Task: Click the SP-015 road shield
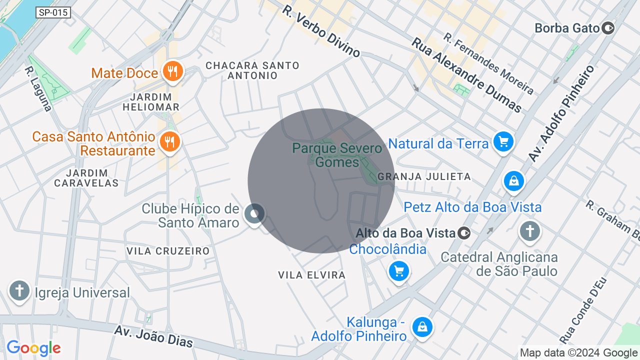[x=53, y=12]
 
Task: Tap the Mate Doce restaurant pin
[x=172, y=71]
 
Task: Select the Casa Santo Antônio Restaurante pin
[x=170, y=141]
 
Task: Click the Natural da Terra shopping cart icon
[x=503, y=142]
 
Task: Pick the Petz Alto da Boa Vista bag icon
[x=513, y=181]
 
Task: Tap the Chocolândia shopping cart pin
[x=399, y=271]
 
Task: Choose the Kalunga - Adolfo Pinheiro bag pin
[x=422, y=327]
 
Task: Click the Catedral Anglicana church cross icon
[x=529, y=231]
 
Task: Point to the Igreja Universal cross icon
[x=20, y=290]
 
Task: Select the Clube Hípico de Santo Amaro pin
[x=254, y=214]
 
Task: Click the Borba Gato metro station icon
[x=608, y=28]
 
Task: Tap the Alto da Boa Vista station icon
[x=464, y=233]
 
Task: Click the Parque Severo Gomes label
[x=337, y=155]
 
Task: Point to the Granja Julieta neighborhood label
[x=424, y=176]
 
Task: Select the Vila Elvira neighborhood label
[x=312, y=275]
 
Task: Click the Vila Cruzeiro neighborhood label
[x=168, y=251]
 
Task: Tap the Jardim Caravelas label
[x=86, y=178]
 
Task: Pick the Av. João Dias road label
[x=153, y=336]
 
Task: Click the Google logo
[x=33, y=348]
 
